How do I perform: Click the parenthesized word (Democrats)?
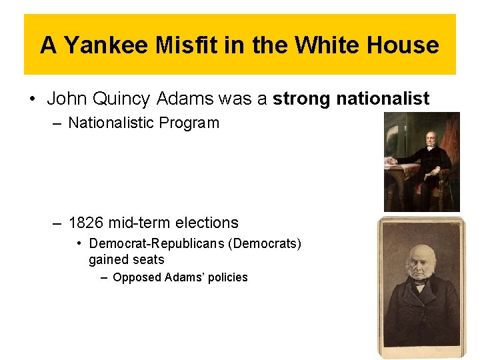(x=265, y=244)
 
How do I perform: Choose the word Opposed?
(x=137, y=277)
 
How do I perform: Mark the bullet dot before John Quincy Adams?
(x=32, y=100)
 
